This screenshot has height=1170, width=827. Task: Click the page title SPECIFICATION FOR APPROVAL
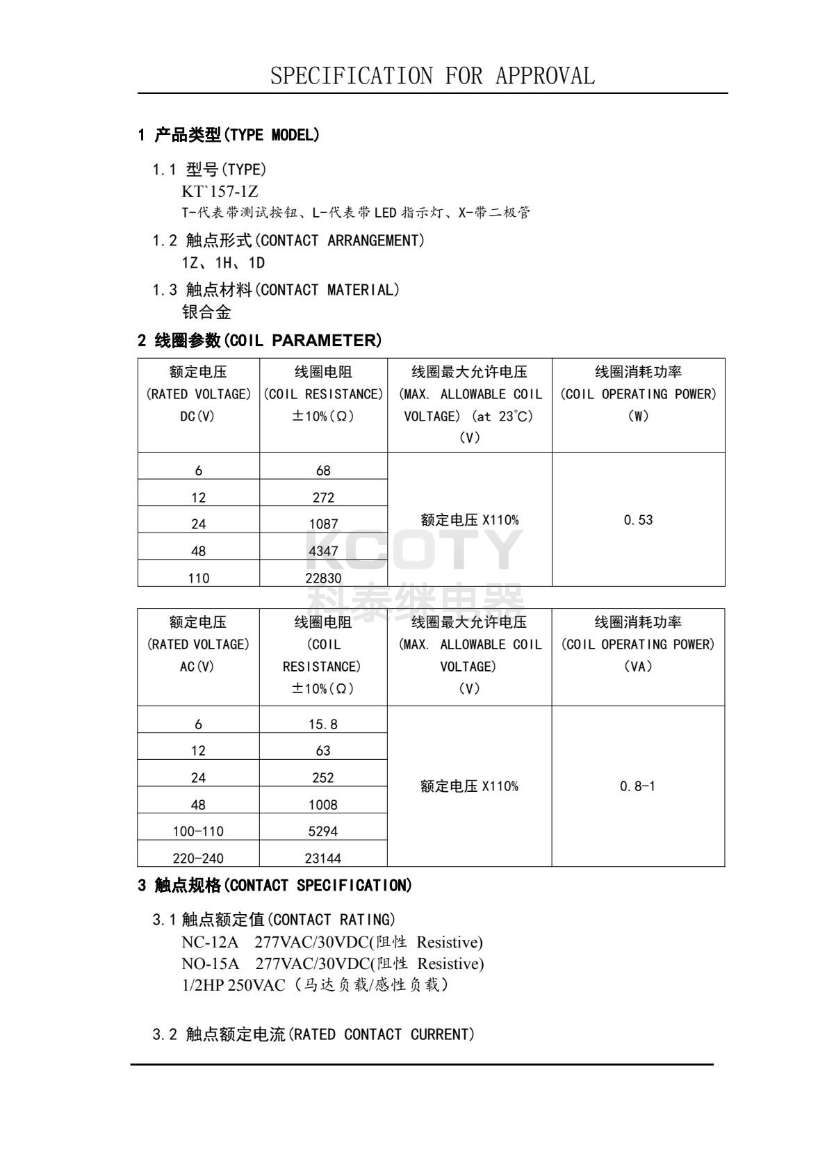tap(432, 76)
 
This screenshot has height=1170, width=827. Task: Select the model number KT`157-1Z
tap(220, 191)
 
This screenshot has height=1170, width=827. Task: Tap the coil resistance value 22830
tap(323, 578)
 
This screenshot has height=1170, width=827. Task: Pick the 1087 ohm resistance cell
tap(323, 524)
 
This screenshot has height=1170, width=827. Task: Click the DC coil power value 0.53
tap(638, 520)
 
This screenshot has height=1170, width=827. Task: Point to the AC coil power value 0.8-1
tap(637, 786)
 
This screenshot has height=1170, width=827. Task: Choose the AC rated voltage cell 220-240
tap(198, 859)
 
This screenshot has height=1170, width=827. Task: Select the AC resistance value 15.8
tap(323, 724)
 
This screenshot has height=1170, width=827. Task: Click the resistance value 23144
tap(323, 859)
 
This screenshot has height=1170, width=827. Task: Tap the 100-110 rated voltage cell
tap(198, 831)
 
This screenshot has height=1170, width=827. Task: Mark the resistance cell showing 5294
tap(323, 831)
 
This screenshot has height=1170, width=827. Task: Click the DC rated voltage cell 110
tap(198, 578)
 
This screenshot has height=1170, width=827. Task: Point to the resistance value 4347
tap(323, 551)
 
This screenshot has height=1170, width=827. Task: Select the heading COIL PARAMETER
tap(259, 341)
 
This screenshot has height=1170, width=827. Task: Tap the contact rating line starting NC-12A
tap(331, 943)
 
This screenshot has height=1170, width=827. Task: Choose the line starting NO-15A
tap(332, 964)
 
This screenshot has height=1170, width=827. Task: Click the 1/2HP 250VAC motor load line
tap(315, 985)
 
